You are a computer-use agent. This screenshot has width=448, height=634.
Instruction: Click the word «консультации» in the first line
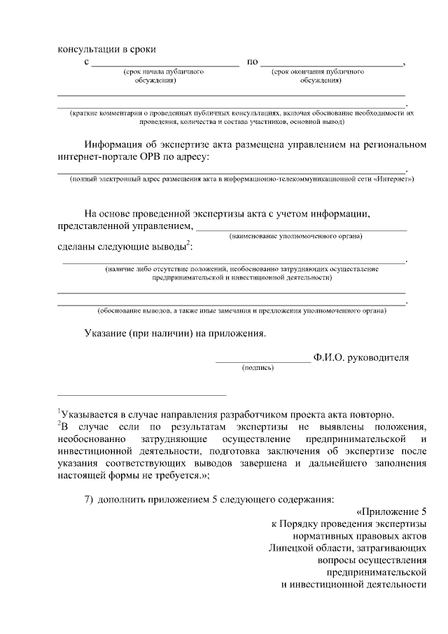click(x=84, y=49)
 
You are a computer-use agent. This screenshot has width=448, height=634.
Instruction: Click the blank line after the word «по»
click(x=332, y=65)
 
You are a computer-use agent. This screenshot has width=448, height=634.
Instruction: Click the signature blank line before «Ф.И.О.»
click(x=262, y=361)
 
